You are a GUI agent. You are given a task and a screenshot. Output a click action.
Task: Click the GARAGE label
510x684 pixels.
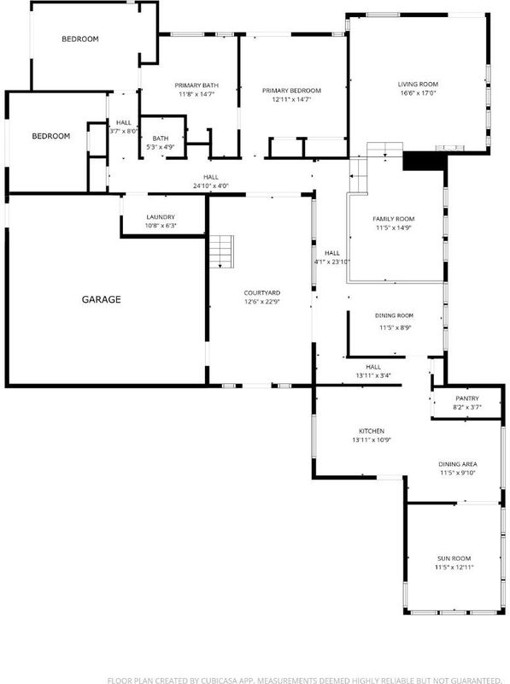pos(101,299)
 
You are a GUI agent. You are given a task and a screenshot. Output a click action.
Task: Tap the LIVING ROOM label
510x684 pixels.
pos(418,84)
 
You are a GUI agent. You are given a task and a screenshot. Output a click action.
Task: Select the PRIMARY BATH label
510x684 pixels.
pos(196,85)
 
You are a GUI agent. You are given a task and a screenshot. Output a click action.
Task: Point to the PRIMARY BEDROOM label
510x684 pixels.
pos(291,91)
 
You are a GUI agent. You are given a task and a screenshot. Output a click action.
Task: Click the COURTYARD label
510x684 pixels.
pos(262,293)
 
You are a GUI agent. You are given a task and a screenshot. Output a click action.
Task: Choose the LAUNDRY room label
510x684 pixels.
pos(161,217)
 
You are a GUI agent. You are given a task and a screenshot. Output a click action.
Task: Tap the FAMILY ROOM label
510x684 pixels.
pos(394,219)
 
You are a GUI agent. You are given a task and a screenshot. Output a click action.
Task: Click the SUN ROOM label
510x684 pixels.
pos(454,558)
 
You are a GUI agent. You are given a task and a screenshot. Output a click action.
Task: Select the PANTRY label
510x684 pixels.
pos(467,398)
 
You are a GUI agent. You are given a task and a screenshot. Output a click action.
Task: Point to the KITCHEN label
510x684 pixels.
pos(372,431)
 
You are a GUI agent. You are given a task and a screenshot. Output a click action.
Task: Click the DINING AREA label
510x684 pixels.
pos(458,464)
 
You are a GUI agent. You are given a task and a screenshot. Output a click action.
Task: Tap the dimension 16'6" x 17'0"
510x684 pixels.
pos(419,93)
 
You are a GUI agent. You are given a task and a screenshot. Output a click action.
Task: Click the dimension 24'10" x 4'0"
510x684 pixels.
pos(211,186)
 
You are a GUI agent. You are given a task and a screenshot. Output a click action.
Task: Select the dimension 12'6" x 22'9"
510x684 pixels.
pos(262,302)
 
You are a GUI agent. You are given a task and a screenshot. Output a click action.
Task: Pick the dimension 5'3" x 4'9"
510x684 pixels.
pos(161,147)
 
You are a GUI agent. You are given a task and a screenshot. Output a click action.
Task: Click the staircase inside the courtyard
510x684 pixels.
pos(221,251)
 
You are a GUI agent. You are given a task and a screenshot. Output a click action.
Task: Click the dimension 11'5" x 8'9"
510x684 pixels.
pos(396,327)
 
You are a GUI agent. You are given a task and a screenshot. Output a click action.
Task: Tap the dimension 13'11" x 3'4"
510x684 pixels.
pos(373,375)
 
